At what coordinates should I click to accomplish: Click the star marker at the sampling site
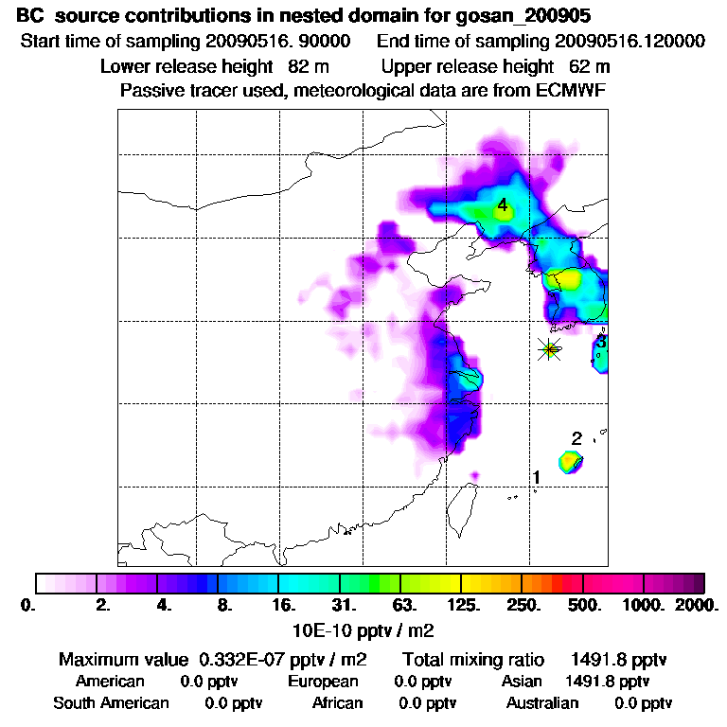click(x=549, y=349)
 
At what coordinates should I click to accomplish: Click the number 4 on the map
click(x=503, y=205)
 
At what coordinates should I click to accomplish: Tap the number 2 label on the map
click(x=576, y=438)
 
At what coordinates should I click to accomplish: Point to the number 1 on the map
click(x=537, y=477)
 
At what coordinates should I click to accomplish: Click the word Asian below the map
click(x=522, y=681)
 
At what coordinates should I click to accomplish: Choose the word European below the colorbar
click(x=323, y=681)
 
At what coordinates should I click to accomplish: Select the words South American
click(x=111, y=703)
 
